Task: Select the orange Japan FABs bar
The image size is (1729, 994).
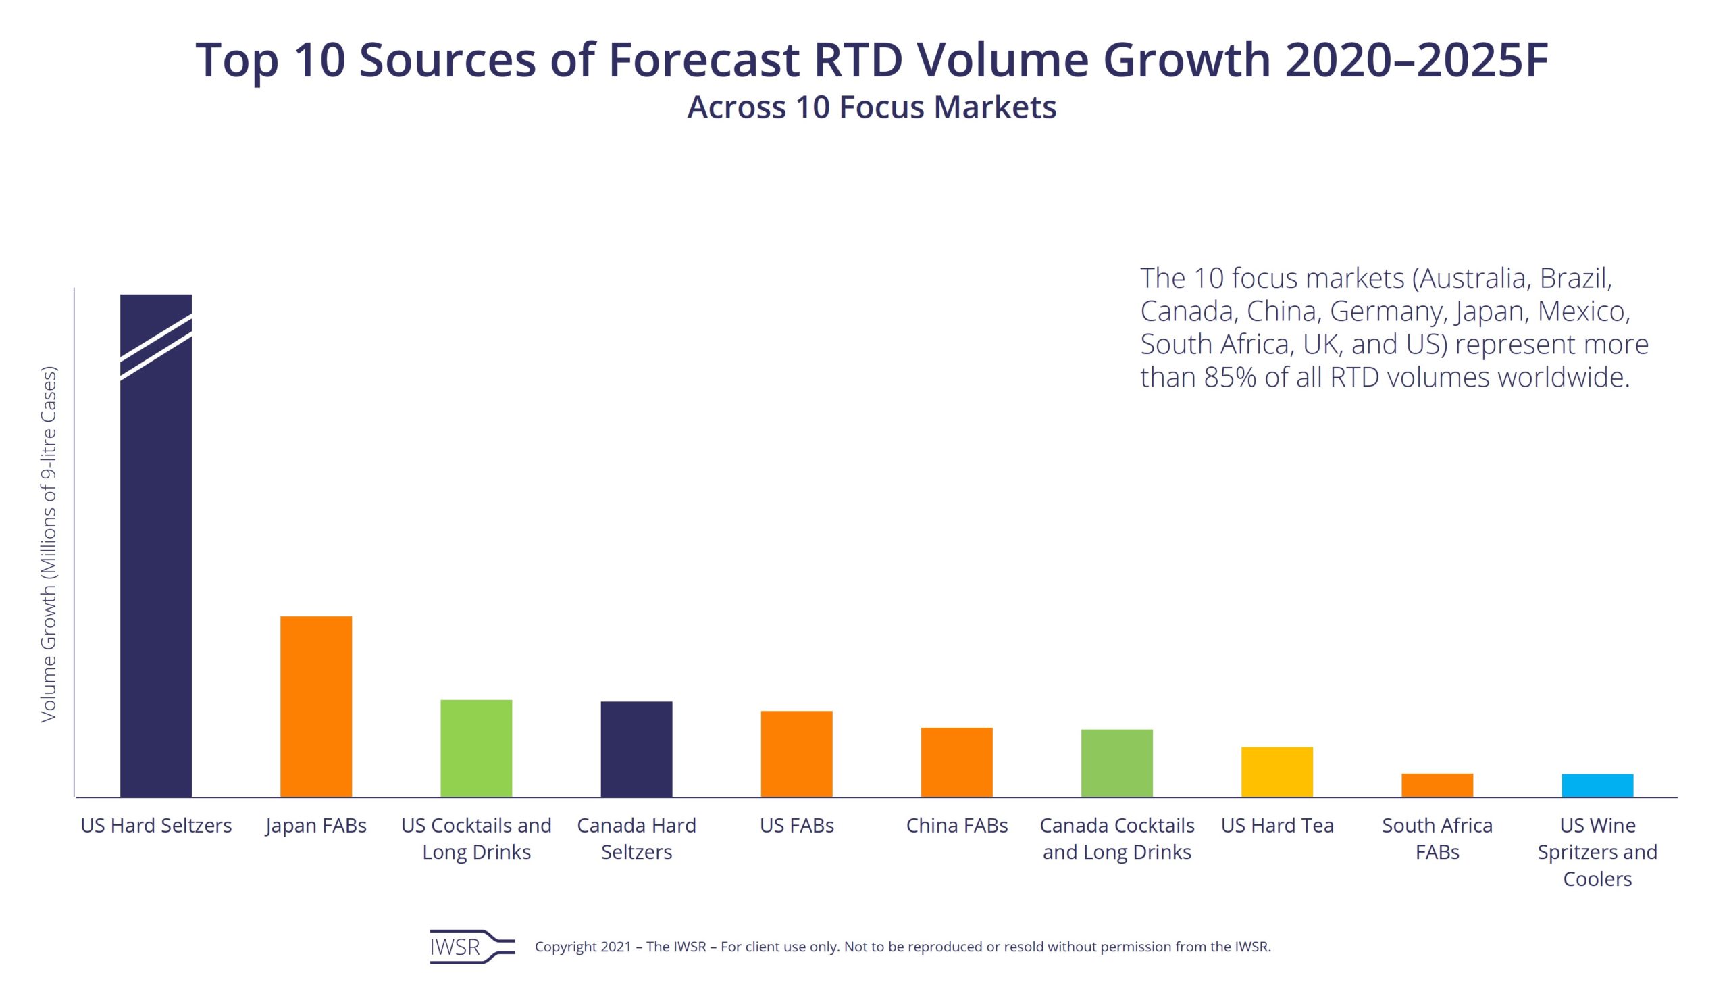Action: pyautogui.click(x=316, y=706)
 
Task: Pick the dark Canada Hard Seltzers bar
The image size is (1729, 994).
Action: pyautogui.click(x=636, y=749)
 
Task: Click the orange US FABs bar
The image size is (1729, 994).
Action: pyautogui.click(x=796, y=753)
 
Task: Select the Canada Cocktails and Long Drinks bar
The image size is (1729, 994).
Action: pyautogui.click(x=1116, y=763)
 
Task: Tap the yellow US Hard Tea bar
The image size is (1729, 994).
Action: pyautogui.click(x=1276, y=772)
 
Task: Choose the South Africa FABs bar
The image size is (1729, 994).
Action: pyautogui.click(x=1437, y=785)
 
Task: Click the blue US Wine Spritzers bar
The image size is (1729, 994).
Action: pyautogui.click(x=1597, y=785)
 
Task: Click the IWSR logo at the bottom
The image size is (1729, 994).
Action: pyautogui.click(x=471, y=946)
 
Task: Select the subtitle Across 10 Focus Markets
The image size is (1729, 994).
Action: pyautogui.click(x=871, y=107)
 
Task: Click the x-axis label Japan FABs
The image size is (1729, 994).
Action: pyautogui.click(x=316, y=825)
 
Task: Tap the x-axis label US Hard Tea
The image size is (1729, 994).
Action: pyautogui.click(x=1276, y=825)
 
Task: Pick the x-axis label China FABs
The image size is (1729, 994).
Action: pyautogui.click(x=956, y=825)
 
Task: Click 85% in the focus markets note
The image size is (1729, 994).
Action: pyautogui.click(x=1229, y=377)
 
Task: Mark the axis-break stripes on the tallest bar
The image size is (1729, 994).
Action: pyautogui.click(x=155, y=347)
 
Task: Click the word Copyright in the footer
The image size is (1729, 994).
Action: pyautogui.click(x=565, y=947)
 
